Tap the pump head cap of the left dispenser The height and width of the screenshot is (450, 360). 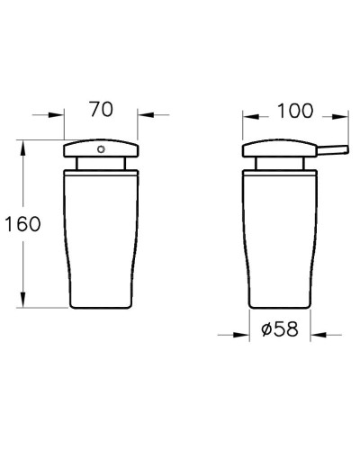point(101,150)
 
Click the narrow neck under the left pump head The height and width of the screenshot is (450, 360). point(101,164)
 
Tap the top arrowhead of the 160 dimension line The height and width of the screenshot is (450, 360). point(25,146)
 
